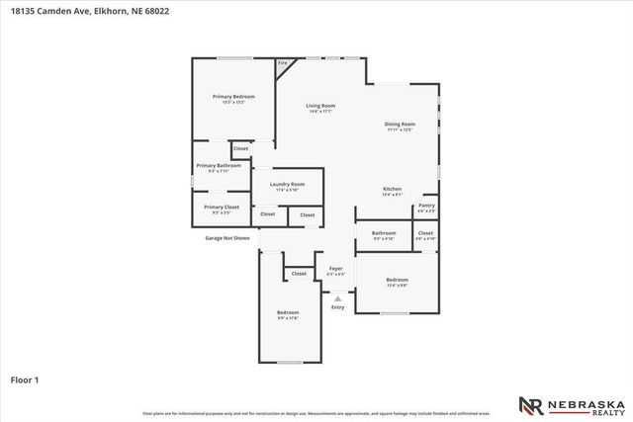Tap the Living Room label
(319, 106)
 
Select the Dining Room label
(400, 124)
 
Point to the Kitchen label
(393, 189)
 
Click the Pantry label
(426, 206)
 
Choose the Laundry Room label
(287, 185)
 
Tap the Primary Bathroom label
(219, 165)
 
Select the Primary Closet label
(222, 207)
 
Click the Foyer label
(336, 268)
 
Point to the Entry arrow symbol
(337, 298)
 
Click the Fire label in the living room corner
(283, 64)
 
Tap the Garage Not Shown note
(227, 238)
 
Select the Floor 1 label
(24, 380)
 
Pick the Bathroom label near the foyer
(384, 234)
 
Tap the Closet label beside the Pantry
(425, 233)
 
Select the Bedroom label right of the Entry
(397, 280)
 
